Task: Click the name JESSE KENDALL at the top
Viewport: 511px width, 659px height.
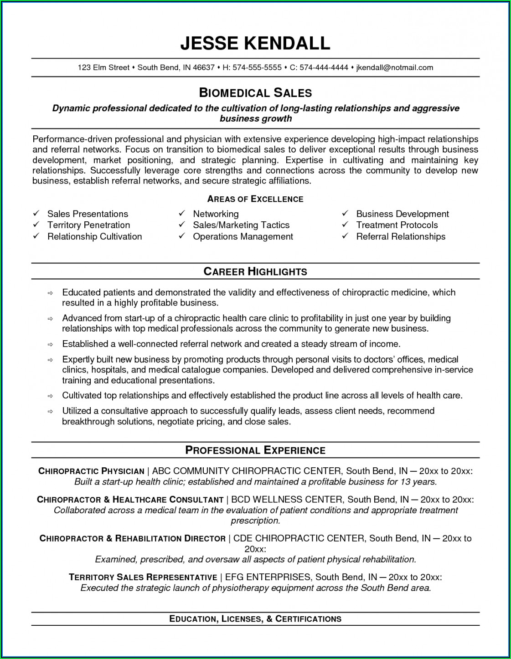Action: pos(255,43)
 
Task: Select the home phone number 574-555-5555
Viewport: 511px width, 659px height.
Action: pos(257,67)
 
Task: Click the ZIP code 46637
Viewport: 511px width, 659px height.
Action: pos(204,67)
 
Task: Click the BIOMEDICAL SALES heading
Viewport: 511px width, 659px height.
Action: pos(255,93)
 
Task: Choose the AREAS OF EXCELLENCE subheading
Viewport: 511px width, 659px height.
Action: pos(255,199)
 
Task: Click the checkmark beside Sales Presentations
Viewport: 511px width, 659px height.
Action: pos(36,213)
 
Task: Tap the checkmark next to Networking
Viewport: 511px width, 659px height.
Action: pos(181,213)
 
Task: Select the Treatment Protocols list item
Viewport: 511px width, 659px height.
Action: pos(397,225)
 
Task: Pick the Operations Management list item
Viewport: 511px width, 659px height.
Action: pos(243,236)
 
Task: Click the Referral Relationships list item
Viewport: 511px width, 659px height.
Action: pos(401,236)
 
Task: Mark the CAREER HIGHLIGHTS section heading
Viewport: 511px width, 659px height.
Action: pos(255,271)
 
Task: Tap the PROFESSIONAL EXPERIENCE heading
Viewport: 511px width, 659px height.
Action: pos(255,450)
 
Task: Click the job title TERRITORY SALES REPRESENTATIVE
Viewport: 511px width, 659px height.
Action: pos(143,577)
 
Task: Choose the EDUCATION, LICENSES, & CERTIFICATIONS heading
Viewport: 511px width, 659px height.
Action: pos(255,618)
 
